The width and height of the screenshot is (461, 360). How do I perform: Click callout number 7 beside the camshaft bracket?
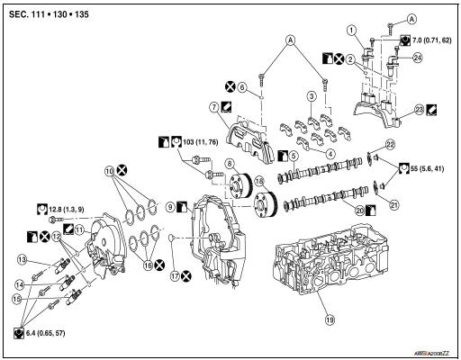(x=214, y=108)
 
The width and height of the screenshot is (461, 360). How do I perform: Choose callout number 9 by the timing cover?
(x=168, y=207)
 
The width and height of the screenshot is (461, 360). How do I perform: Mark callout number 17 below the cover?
(x=173, y=275)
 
